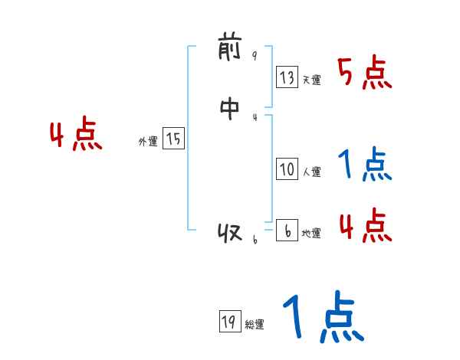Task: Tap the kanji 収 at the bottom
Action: (x=230, y=232)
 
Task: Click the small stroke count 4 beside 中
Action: (x=255, y=116)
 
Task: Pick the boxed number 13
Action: (x=287, y=77)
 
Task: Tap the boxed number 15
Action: (x=173, y=139)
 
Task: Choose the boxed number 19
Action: (x=228, y=322)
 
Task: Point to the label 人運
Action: (x=311, y=172)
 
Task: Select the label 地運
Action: (x=311, y=234)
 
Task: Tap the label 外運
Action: (x=148, y=142)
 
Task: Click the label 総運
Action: (x=254, y=325)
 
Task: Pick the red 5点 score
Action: (x=364, y=74)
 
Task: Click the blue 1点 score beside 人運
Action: (x=364, y=165)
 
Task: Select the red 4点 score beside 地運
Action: (x=364, y=226)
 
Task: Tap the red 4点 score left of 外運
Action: (x=76, y=136)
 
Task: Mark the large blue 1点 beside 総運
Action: (x=322, y=318)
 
